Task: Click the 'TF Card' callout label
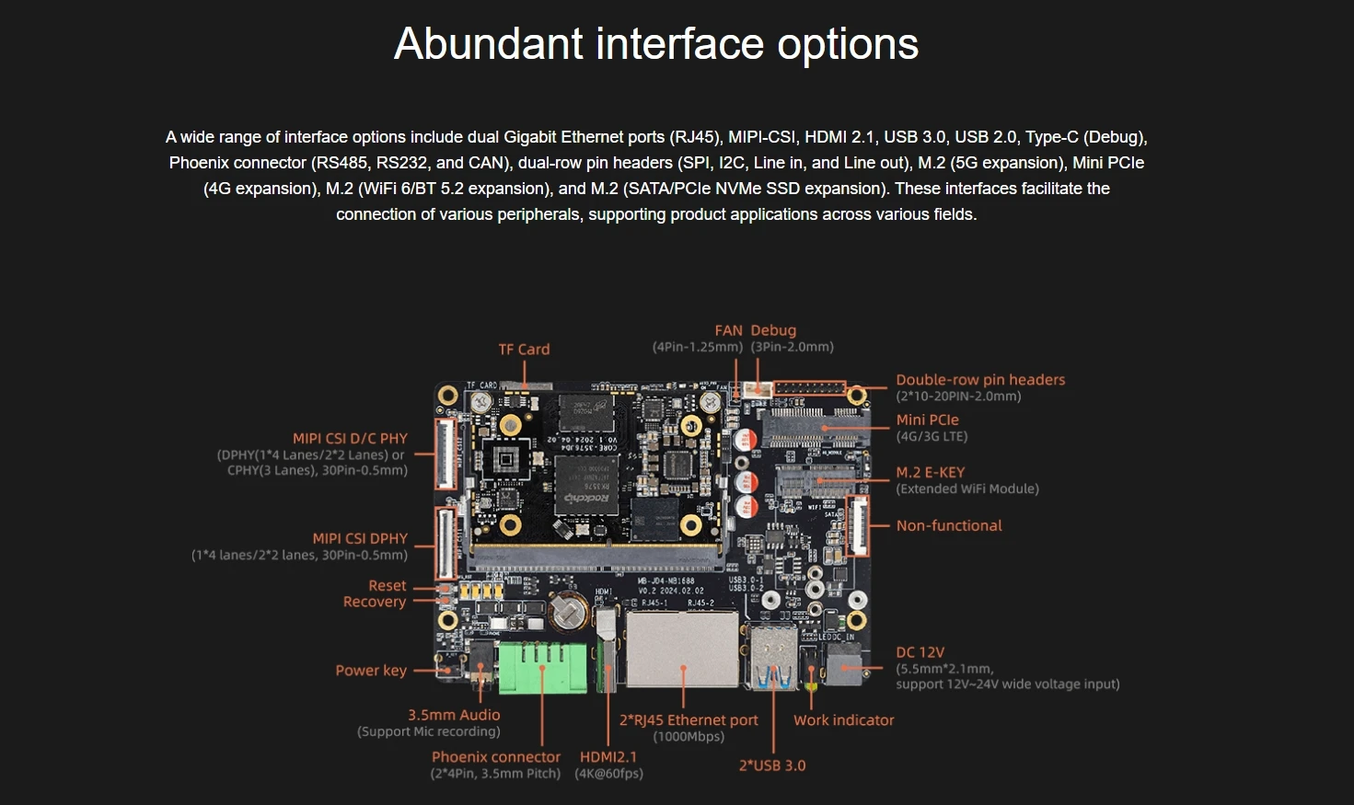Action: click(524, 350)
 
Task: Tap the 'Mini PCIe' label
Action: click(927, 420)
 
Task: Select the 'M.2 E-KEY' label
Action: click(930, 472)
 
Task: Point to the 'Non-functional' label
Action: click(948, 525)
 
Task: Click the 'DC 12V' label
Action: click(920, 652)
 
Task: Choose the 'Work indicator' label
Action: click(843, 720)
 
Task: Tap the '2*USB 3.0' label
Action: click(771, 765)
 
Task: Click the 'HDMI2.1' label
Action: click(608, 757)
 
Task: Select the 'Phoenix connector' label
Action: click(495, 757)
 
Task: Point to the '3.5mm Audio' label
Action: click(454, 715)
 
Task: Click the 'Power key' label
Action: click(370, 671)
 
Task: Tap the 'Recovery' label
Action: click(374, 602)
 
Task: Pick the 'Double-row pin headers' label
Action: click(980, 380)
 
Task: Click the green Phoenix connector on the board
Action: click(542, 667)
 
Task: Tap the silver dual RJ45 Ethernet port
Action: click(682, 648)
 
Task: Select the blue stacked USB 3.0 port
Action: click(775, 658)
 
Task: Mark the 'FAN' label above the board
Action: click(728, 330)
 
